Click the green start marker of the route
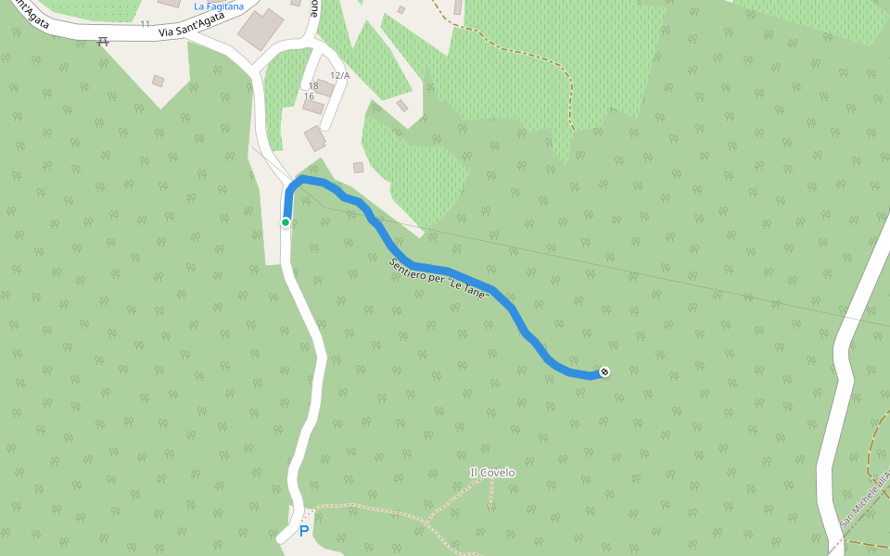tap(286, 221)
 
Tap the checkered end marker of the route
tap(604, 373)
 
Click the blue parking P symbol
tap(303, 532)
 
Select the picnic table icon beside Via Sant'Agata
tap(103, 40)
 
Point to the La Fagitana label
tap(219, 6)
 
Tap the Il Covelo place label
tap(492, 473)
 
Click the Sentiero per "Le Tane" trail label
tap(439, 277)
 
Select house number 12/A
tap(339, 75)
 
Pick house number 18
tap(313, 85)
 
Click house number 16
tap(309, 96)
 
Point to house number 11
tap(146, 23)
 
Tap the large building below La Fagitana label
tap(261, 31)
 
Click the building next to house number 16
tap(313, 107)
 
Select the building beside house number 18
tap(325, 88)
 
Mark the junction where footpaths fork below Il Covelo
tap(427, 524)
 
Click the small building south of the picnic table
tap(158, 82)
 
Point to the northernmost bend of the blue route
tap(302, 178)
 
